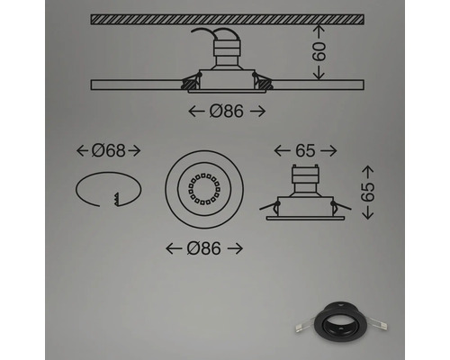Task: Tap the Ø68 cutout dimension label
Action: point(108,150)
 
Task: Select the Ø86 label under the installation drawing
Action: point(227,112)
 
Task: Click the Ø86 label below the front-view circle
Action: point(204,248)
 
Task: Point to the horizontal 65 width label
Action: point(306,150)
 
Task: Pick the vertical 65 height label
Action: point(368,192)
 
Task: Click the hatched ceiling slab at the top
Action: point(228,19)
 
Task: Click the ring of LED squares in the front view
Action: point(204,189)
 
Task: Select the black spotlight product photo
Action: point(340,327)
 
